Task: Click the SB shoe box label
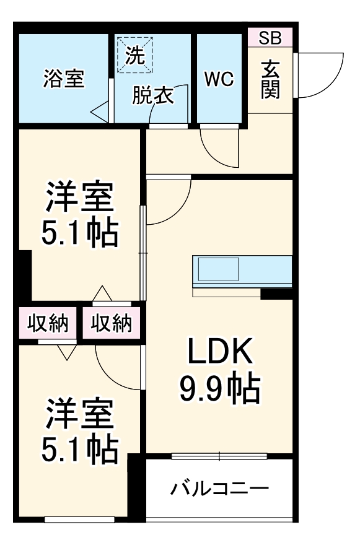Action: tap(270, 38)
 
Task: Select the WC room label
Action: tap(219, 79)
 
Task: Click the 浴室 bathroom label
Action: tap(64, 80)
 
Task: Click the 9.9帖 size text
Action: tap(220, 388)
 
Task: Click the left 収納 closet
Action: tap(47, 323)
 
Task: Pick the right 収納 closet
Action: tap(112, 323)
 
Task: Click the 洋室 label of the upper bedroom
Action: tap(79, 199)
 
